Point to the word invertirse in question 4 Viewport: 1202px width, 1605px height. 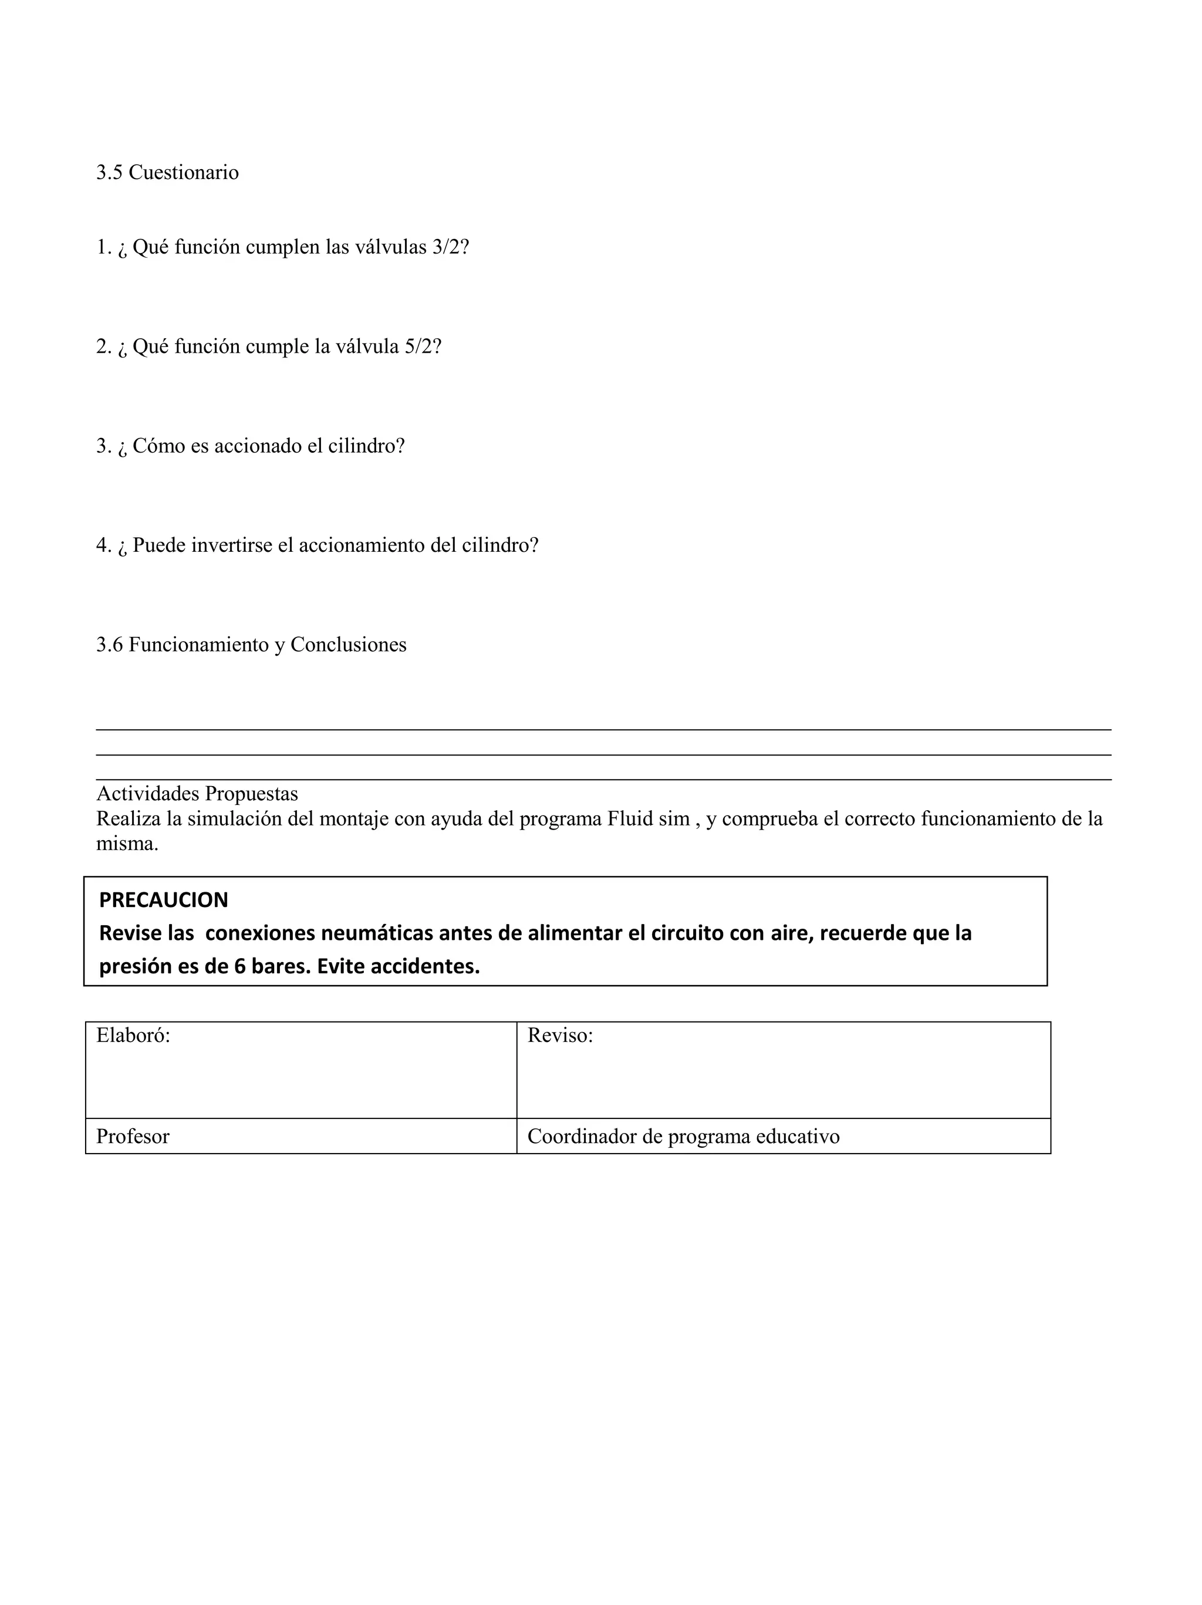point(231,545)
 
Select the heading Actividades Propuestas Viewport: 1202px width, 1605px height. point(197,793)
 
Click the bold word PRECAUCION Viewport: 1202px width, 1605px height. point(163,900)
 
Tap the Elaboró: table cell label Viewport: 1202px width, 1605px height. point(133,1036)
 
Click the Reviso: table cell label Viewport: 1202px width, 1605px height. point(560,1036)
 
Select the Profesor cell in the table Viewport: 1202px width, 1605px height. point(133,1137)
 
